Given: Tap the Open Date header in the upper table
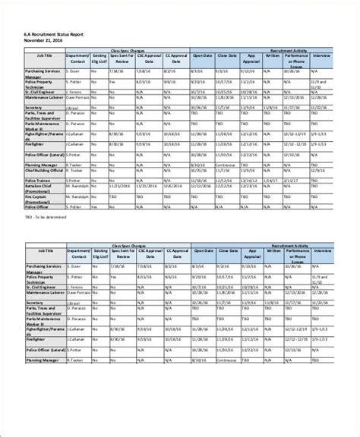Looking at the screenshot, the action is [202, 55].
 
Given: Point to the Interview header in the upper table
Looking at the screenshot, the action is [322, 55].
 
